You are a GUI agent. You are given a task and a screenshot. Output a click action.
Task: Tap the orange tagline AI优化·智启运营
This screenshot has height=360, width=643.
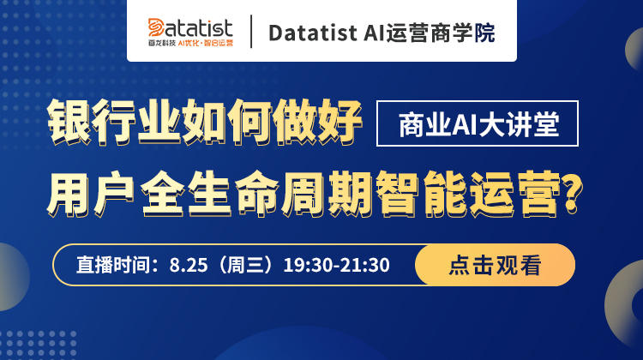[x=206, y=43]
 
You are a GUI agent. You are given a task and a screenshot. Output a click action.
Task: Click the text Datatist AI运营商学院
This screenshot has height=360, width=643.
[x=382, y=33]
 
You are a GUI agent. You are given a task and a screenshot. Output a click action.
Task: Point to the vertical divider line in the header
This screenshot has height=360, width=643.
[x=251, y=32]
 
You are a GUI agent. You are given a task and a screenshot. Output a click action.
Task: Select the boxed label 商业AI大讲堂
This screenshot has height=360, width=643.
[x=478, y=123]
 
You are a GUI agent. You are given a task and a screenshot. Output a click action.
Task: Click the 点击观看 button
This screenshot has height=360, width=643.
[x=495, y=265]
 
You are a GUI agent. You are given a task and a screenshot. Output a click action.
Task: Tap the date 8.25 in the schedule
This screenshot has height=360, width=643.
[x=189, y=265]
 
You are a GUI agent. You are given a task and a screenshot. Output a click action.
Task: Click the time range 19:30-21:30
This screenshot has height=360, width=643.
[x=337, y=265]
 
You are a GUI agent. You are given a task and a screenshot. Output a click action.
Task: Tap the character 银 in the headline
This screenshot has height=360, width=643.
[x=69, y=122]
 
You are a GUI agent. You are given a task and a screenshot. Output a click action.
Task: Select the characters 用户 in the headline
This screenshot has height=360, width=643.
[x=91, y=194]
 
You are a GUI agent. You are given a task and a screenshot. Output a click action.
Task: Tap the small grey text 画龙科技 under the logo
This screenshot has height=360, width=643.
[x=162, y=43]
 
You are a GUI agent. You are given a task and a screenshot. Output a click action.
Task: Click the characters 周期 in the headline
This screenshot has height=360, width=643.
[x=327, y=194]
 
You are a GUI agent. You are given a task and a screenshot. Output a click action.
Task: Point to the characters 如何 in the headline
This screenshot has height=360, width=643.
[x=226, y=122]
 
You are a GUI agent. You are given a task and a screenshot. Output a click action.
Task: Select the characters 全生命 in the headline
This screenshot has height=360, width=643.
[x=210, y=194]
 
